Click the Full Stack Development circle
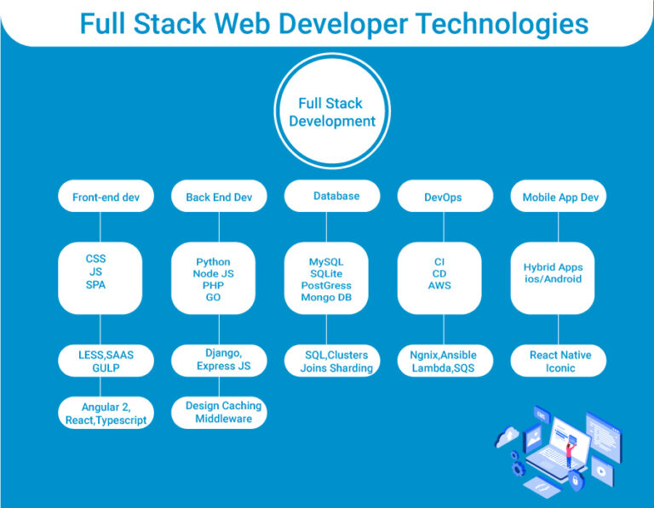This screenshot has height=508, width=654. coord(331,112)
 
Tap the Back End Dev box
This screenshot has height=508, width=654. coord(219,197)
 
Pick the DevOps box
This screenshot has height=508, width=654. coord(443,197)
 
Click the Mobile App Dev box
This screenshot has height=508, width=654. coord(559,197)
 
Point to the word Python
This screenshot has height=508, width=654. coord(213,262)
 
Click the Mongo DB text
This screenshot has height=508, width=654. coord(326,297)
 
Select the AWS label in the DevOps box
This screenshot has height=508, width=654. coord(439,286)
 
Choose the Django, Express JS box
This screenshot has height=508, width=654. coord(223,359)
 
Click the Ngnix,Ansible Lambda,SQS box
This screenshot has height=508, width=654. coord(444,361)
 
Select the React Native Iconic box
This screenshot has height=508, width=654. coord(559,361)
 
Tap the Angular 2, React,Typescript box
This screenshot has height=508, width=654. coord(106,414)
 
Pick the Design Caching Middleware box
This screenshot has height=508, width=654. coord(223,412)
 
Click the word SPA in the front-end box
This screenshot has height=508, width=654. coord(96,284)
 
